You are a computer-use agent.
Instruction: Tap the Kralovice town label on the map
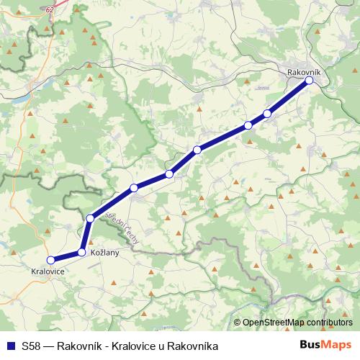[48, 271]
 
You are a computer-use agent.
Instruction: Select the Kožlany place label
[104, 253]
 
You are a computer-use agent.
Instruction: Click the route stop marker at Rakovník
[309, 81]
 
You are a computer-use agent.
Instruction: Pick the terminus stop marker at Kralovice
[50, 260]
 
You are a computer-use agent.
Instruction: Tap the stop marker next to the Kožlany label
[82, 252]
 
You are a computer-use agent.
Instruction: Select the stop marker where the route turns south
[90, 218]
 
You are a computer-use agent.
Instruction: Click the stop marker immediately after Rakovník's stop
[267, 113]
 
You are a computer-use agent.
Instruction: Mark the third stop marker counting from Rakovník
[248, 125]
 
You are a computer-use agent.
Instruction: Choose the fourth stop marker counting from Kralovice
[134, 189]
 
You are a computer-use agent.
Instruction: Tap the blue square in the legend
[10, 345]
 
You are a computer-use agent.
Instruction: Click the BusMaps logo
[327, 345]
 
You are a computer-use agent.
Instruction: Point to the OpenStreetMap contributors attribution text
[297, 323]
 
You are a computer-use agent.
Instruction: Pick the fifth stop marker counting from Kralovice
[169, 174]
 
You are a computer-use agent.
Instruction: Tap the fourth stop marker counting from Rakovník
[197, 150]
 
